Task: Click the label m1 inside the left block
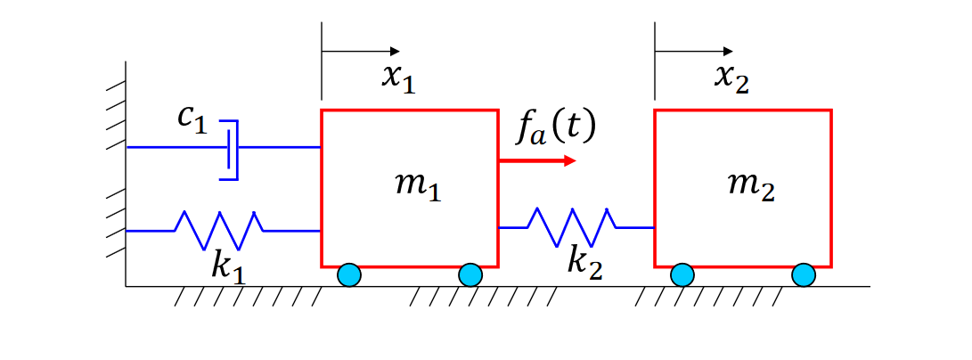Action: pos(417,186)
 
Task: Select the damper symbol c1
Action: pos(231,149)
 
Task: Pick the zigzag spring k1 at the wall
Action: pos(218,230)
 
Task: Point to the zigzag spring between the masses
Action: pos(571,227)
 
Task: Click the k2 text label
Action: pos(584,261)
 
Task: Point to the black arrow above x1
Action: pos(361,51)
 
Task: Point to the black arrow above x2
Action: pos(694,51)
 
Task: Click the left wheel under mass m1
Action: pos(349,275)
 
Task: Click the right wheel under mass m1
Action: pos(470,275)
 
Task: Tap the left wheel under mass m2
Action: pos(682,275)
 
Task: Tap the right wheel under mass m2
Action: pos(804,275)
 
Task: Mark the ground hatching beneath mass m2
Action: pos(713,296)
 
